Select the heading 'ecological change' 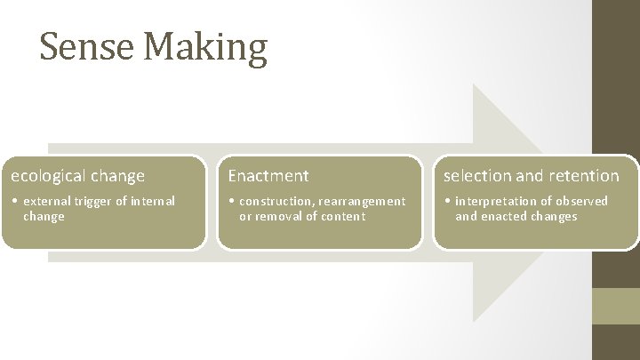73,176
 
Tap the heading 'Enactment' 268,176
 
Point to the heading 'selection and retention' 532,176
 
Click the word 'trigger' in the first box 92,201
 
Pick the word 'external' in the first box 46,201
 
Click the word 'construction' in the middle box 275,201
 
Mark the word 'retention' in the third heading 586,176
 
